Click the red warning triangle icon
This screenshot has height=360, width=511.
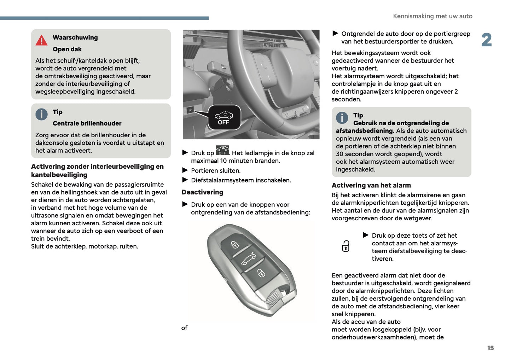[41, 40]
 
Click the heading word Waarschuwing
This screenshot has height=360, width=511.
[75, 37]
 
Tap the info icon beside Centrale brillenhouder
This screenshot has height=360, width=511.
[41, 114]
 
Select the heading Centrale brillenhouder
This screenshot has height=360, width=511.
[87, 123]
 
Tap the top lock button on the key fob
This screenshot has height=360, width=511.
[235, 244]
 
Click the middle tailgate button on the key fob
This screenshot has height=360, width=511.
[248, 259]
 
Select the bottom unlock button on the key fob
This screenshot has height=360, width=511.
[261, 273]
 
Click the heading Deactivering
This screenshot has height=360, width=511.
[202, 192]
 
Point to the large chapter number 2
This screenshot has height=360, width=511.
[486, 40]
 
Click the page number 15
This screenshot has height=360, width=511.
[490, 348]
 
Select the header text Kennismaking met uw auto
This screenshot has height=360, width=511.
[432, 16]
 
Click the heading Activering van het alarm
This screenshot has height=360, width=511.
[371, 185]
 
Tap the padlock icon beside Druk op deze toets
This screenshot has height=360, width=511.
[345, 246]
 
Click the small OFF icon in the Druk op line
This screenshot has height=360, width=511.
[222, 151]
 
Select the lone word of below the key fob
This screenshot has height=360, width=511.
[184, 328]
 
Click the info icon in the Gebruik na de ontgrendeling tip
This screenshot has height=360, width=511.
[342, 118]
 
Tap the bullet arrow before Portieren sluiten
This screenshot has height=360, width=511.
[185, 170]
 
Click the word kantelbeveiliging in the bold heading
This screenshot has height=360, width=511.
[59, 175]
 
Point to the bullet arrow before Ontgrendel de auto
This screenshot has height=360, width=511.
[335, 33]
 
